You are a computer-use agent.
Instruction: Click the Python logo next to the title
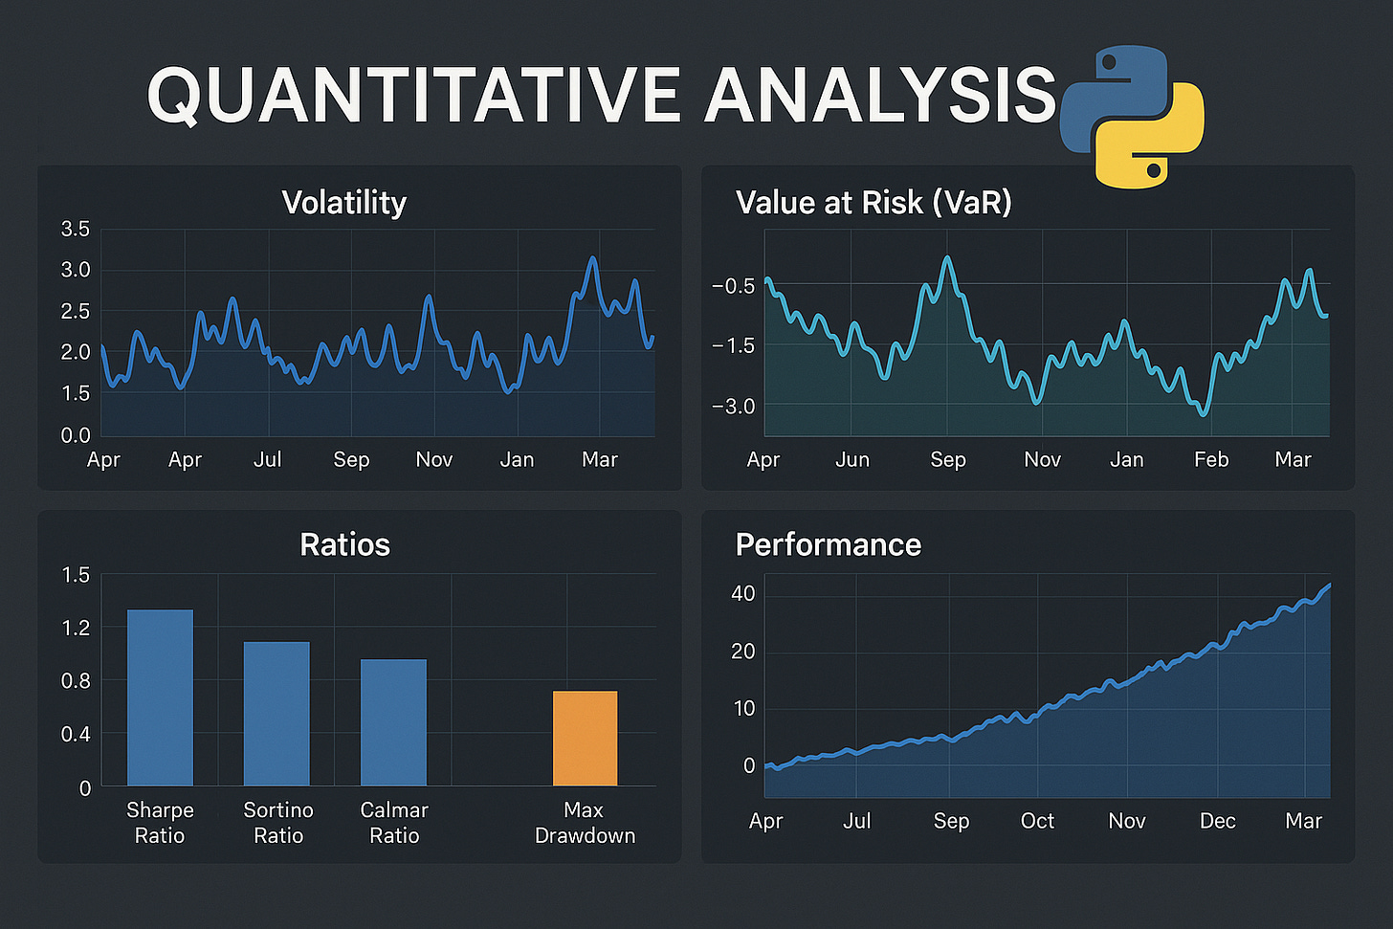point(1132,116)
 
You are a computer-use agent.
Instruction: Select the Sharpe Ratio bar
point(160,697)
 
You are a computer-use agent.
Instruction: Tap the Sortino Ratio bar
point(276,714)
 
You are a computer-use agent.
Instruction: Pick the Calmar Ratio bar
point(393,722)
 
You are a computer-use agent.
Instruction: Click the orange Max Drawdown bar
point(585,738)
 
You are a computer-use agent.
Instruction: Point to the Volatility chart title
point(344,203)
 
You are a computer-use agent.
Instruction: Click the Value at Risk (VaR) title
point(873,203)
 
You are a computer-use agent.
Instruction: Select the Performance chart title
point(828,544)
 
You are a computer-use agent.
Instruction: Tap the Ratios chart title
point(344,544)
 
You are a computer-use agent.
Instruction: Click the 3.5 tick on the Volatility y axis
point(75,229)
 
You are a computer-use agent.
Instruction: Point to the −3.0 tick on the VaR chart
point(733,407)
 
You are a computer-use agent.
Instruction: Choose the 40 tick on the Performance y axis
point(742,593)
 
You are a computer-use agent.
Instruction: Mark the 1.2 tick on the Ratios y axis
point(76,628)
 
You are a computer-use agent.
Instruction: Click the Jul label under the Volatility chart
point(268,459)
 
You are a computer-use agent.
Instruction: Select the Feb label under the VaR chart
point(1210,459)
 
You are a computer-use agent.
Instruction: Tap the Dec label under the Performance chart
point(1217,821)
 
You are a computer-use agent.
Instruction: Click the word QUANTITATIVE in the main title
point(413,96)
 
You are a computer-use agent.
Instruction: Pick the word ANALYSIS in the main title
point(880,96)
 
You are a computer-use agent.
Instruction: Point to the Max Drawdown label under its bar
point(585,823)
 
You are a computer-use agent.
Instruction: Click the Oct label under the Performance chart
point(1037,821)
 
